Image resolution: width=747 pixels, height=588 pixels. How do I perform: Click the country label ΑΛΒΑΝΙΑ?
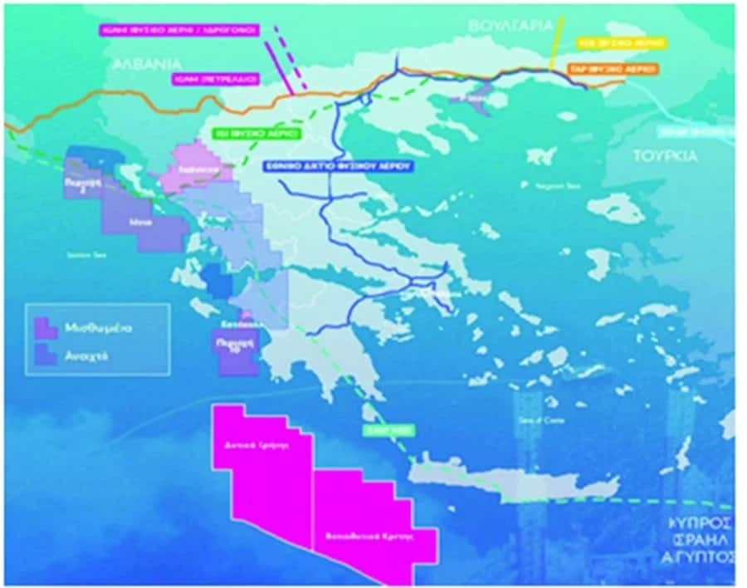[147, 63]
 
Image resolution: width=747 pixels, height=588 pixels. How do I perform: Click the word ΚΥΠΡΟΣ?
[702, 523]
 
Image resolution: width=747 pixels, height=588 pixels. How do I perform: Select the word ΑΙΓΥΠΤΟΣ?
[702, 556]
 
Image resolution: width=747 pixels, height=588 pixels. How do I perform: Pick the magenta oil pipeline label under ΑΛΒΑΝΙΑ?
[217, 79]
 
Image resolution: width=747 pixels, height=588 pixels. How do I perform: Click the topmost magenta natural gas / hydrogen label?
[178, 30]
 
